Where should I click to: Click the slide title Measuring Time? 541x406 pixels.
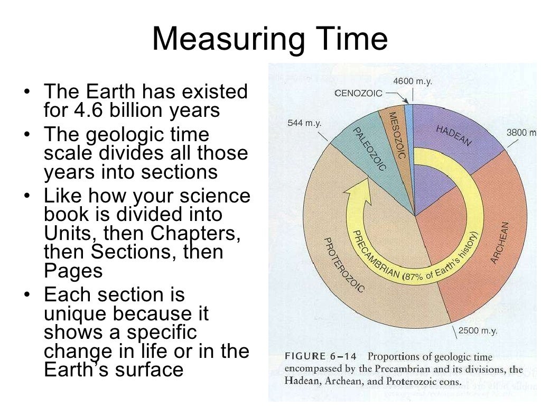tap(270, 40)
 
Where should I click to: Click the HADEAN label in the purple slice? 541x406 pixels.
tap(453, 135)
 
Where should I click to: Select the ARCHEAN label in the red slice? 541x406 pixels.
tap(502, 243)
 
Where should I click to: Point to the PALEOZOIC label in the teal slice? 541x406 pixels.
tap(368, 148)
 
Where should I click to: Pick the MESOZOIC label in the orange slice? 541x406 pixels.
tap(396, 135)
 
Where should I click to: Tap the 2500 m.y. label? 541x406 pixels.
tap(477, 331)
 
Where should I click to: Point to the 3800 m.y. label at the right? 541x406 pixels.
tap(522, 133)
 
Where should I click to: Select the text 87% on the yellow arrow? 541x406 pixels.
tap(414, 275)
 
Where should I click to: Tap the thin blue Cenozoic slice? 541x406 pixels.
tap(408, 122)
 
